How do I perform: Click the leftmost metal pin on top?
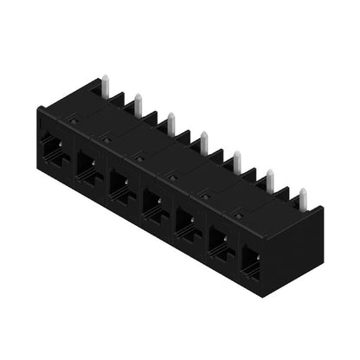click(x=105, y=85)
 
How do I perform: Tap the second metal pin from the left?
click(x=138, y=101)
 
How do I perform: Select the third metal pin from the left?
click(x=170, y=121)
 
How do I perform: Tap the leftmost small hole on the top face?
click(x=74, y=123)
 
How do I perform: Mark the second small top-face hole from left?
click(x=107, y=138)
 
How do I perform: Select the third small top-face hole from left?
click(x=139, y=157)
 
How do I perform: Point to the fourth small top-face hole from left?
click(x=172, y=176)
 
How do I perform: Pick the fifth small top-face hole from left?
click(x=205, y=195)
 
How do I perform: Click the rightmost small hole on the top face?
click(x=238, y=214)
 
